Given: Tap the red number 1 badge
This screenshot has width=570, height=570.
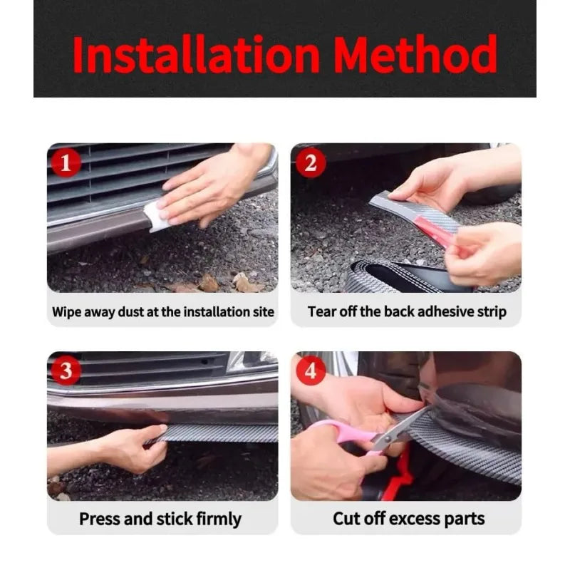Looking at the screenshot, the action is click(x=66, y=163).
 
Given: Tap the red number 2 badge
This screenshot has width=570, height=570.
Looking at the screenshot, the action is click(x=311, y=163).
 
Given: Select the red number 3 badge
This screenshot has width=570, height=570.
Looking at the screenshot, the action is click(x=66, y=370).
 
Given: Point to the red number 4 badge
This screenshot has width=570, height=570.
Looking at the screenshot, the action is click(x=311, y=370).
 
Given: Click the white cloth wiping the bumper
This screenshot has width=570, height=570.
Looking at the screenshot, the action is click(x=155, y=217).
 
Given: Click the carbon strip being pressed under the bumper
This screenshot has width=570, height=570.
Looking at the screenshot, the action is click(x=218, y=433).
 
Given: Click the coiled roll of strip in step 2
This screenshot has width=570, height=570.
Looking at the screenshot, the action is click(x=400, y=276).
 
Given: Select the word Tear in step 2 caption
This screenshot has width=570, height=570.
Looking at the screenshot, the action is click(x=320, y=312).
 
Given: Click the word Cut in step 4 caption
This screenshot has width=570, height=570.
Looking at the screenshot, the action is click(x=346, y=519).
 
